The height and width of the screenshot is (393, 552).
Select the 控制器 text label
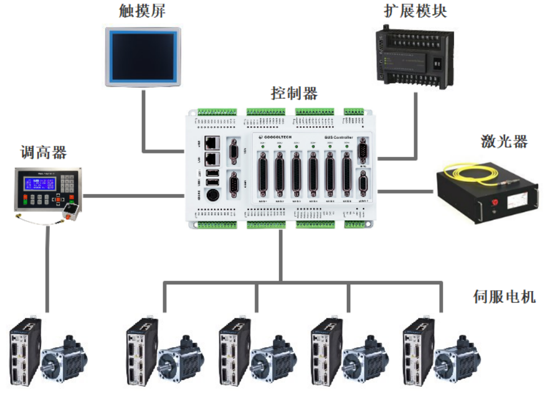pyautogui.click(x=294, y=93)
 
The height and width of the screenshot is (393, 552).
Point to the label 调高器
pyautogui.click(x=44, y=152)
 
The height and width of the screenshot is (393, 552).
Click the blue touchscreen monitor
pyautogui.click(x=145, y=56)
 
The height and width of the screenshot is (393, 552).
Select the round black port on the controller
pyautogui.click(x=211, y=197)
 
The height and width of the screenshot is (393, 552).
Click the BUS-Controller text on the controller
pyautogui.click(x=339, y=137)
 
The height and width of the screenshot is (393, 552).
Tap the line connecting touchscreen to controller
pyautogui.click(x=142, y=125)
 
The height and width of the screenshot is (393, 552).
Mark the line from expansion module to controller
pyautogui.click(x=417, y=125)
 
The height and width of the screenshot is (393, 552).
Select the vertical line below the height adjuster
pyautogui.click(x=47, y=266)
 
